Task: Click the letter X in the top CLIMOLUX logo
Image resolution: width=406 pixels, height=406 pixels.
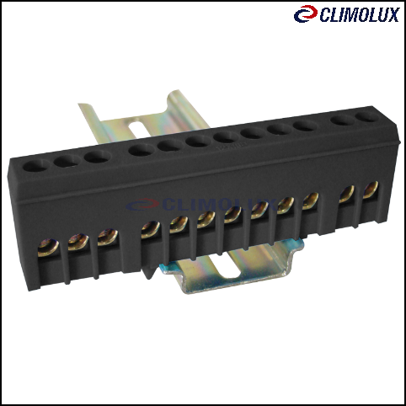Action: tap(392, 15)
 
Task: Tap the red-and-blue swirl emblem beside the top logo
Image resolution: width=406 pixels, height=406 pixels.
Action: tap(306, 13)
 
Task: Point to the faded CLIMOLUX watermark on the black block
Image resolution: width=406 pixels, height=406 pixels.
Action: tap(200, 205)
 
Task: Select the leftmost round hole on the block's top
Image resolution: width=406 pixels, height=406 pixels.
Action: tap(35, 166)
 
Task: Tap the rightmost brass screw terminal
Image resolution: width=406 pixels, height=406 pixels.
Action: tap(371, 190)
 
